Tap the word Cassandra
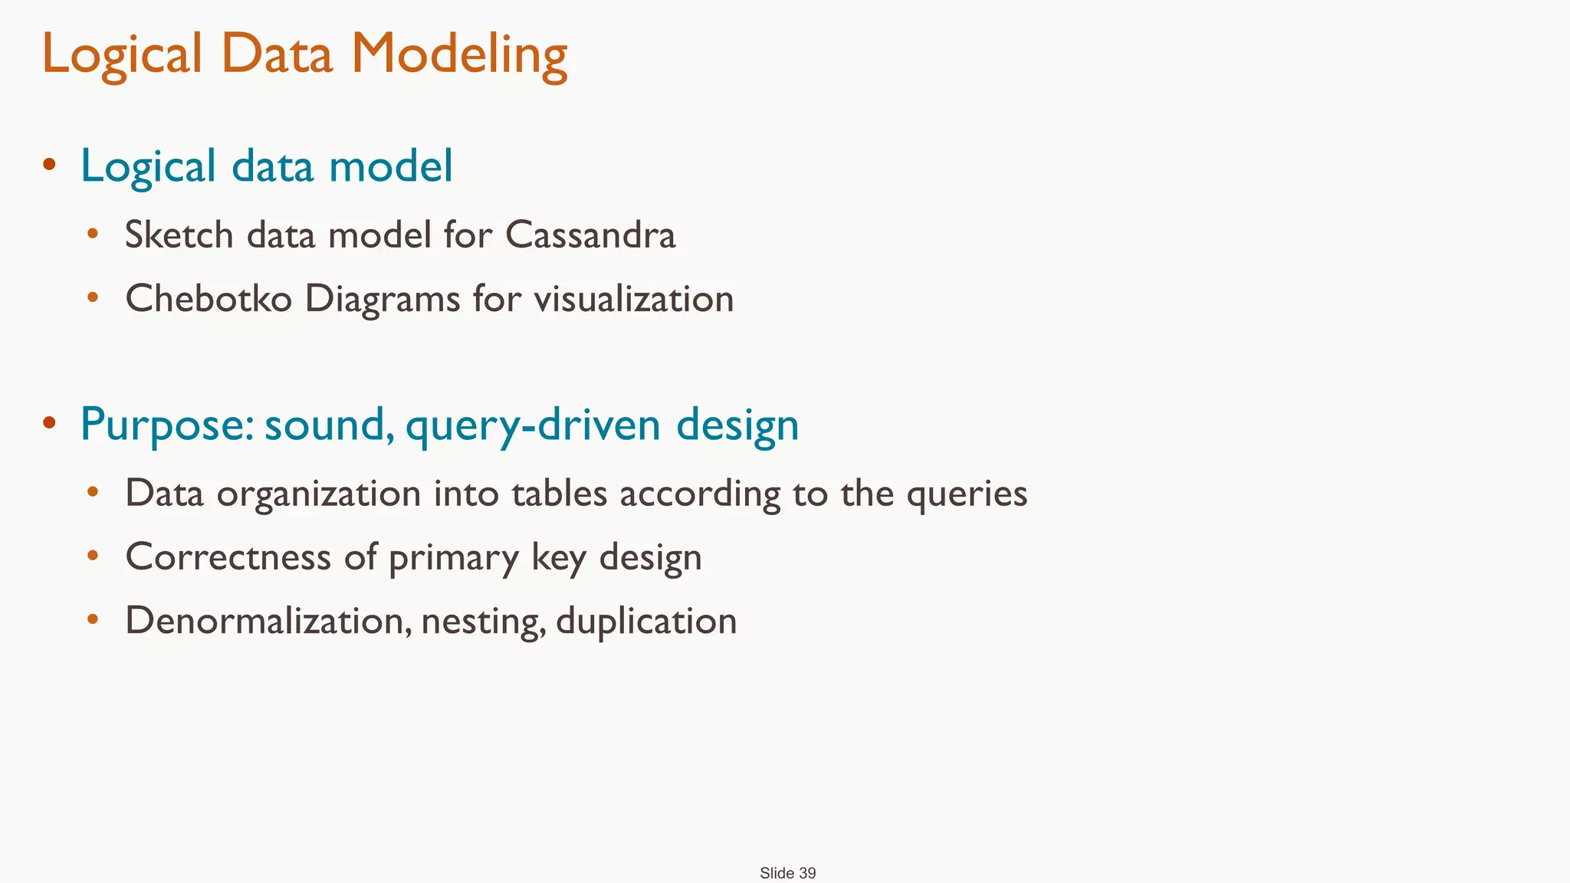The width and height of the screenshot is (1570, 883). coord(590,235)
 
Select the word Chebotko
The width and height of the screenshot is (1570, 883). coord(209,298)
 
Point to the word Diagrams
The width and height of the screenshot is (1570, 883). coord(382,299)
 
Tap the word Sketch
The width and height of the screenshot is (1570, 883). coord(179,235)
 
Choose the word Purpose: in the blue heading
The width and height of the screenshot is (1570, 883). coord(166,424)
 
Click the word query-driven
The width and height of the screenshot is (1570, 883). coord(533,425)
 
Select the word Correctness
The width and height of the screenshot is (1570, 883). coord(228,556)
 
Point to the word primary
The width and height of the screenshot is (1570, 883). coord(454,558)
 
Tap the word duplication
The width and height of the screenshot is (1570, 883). coord(645,621)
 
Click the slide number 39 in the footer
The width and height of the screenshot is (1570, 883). coord(806,873)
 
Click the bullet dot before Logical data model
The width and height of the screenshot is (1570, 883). coord(50,163)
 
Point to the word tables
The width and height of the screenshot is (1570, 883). coord(560,493)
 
